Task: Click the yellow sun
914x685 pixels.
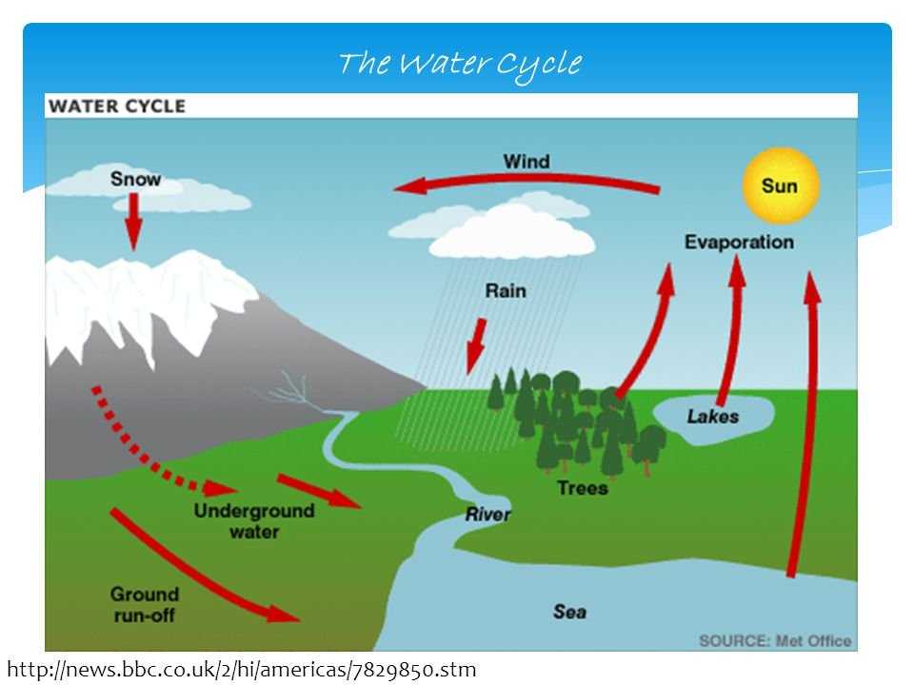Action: pos(781,186)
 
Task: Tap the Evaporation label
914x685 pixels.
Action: pos(739,243)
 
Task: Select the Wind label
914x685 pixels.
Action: pos(527,162)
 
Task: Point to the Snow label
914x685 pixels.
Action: pos(135,179)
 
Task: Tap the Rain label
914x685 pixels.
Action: pos(506,291)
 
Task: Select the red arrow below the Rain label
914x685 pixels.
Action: pos(476,346)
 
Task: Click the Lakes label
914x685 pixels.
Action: pos(712,417)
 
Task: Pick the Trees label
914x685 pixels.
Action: pos(583,487)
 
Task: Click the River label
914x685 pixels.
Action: pos(487,515)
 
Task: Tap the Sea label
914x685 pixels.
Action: pos(569,612)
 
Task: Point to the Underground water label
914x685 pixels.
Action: pos(254,521)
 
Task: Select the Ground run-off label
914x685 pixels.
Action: pos(144,605)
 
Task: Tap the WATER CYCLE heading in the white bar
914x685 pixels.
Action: pos(117,106)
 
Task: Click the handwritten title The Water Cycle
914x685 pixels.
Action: pos(460,64)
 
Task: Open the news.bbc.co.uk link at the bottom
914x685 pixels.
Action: pos(242,670)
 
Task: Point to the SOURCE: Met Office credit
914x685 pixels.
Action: pos(775,640)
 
